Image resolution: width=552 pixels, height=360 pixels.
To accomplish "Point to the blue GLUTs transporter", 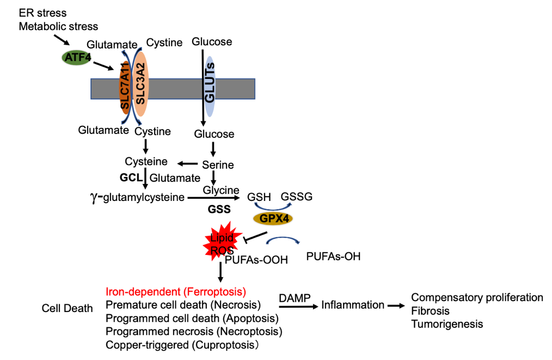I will tap(210, 87).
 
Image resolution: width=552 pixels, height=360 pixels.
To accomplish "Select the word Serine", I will tap(218, 164).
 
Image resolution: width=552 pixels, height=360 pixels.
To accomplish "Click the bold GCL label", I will tap(131, 178).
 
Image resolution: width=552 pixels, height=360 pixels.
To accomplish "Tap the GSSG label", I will tap(297, 197).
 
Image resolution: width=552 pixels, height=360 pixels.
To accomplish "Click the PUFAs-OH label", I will tap(333, 255).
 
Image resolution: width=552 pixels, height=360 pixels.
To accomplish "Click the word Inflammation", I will tap(352, 306).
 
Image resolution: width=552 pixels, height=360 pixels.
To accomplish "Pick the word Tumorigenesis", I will tap(447, 324).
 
